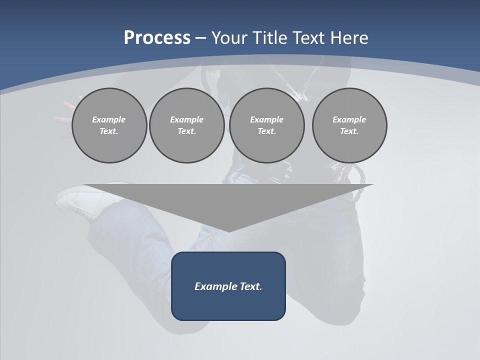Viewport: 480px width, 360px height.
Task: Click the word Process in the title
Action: click(x=157, y=37)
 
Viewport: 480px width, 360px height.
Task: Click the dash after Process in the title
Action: click(x=200, y=38)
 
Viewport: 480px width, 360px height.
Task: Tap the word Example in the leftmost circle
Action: click(x=108, y=119)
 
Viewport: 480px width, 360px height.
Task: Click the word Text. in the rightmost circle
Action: click(x=349, y=131)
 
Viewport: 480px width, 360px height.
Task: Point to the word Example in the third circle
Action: click(x=266, y=119)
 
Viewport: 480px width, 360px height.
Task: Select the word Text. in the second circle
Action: click(x=186, y=131)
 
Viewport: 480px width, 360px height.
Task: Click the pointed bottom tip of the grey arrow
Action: click(x=228, y=230)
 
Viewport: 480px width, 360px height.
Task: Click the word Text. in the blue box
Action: click(x=251, y=286)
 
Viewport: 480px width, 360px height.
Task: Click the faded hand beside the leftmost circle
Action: click(x=65, y=115)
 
